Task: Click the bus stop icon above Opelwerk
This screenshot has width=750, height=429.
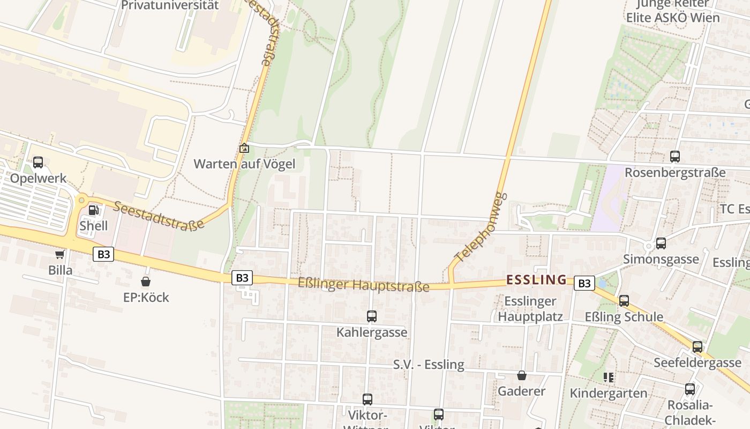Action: [37, 162]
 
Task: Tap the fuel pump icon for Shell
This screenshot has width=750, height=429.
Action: [93, 210]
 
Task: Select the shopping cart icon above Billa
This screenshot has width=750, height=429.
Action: [59, 254]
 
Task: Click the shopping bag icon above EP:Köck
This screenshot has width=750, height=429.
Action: [146, 282]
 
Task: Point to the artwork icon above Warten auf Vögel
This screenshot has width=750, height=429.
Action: [244, 148]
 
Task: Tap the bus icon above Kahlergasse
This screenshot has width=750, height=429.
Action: [372, 316]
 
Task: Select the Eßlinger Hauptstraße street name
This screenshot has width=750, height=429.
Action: [363, 285]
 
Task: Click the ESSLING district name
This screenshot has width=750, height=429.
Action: [536, 279]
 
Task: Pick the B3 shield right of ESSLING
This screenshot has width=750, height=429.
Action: [584, 283]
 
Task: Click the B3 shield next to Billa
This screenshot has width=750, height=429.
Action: [103, 254]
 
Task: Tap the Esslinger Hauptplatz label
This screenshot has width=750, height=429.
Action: [530, 309]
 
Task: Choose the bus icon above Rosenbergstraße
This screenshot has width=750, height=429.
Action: [675, 157]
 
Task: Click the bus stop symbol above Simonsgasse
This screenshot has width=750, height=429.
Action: [661, 243]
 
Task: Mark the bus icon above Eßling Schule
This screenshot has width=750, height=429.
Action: [624, 301]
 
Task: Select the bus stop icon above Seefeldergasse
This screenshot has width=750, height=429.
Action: [697, 347]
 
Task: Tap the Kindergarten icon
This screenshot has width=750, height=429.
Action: [609, 378]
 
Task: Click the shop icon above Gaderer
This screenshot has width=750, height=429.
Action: [522, 375]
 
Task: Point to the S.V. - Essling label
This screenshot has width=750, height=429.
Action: [429, 365]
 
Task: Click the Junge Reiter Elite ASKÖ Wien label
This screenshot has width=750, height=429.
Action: [673, 11]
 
